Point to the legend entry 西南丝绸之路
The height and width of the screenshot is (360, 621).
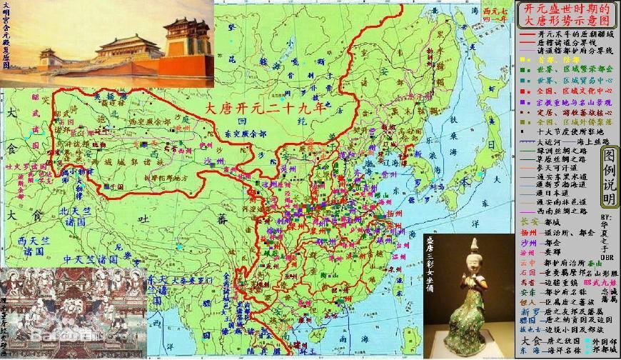(560, 212)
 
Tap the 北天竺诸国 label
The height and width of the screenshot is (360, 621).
(75, 215)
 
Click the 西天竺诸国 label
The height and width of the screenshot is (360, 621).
(31, 245)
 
